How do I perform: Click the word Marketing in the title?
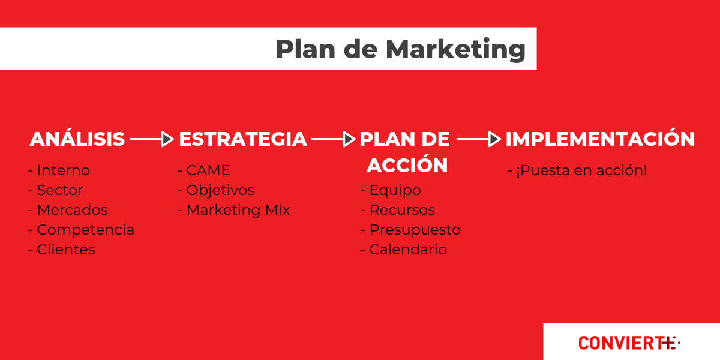455,50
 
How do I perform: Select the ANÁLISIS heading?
77,139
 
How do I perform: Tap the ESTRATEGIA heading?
243,139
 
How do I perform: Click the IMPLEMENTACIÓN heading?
600,139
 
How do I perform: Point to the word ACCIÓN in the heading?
407,165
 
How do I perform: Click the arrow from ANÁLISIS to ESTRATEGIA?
152,139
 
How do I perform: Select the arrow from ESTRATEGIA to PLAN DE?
334,139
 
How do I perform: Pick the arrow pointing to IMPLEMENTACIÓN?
479,139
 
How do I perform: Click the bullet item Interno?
59,170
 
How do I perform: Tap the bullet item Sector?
56,190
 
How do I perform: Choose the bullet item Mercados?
68,210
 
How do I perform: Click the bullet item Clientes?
62,250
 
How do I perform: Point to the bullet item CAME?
204,170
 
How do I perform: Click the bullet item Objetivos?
216,190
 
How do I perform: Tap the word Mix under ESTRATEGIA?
277,210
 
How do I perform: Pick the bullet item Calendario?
404,250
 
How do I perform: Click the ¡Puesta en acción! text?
577,170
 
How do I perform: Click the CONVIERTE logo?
629,343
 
